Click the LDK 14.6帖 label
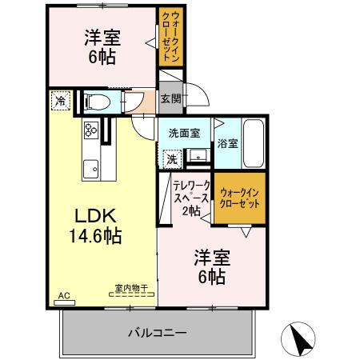pyautogui.click(x=98, y=226)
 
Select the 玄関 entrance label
pyautogui.click(x=170, y=99)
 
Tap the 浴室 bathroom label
pyautogui.click(x=227, y=144)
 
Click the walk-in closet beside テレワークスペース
pyautogui.click(x=240, y=198)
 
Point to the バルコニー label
pyautogui.click(x=157, y=332)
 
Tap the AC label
pyautogui.click(x=64, y=295)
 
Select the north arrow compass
pyautogui.click(x=299, y=339)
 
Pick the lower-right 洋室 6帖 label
pyautogui.click(x=211, y=267)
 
